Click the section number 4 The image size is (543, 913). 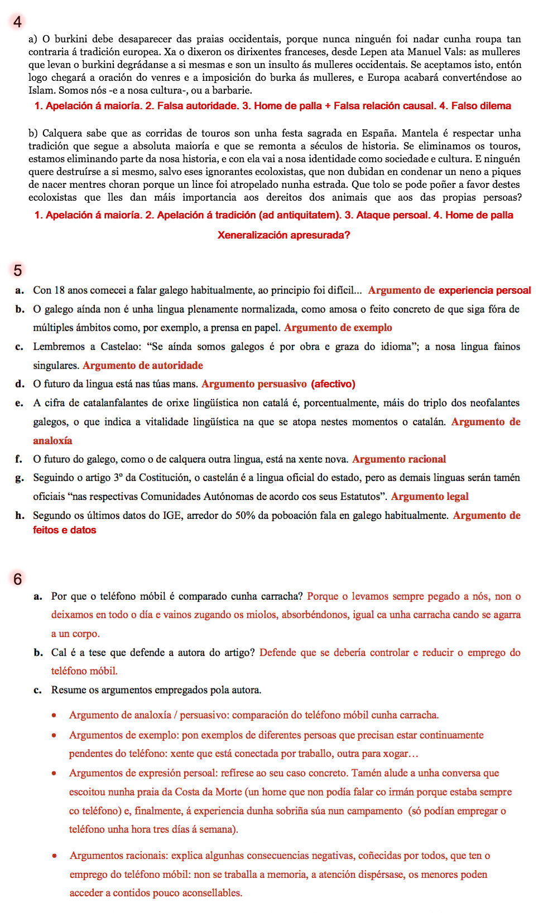[18, 22]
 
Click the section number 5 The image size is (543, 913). [18, 270]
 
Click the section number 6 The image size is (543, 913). [18, 579]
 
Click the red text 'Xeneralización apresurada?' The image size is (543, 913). [283, 235]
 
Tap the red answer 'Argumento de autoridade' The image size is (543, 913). [143, 366]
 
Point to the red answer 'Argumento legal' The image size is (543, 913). [429, 497]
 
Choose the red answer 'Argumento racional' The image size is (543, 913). [399, 459]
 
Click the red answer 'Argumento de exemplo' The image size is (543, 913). [338, 328]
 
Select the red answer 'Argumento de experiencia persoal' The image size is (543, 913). [449, 290]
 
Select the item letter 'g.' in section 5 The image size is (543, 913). [20, 478]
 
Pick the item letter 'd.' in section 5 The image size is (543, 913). [20, 384]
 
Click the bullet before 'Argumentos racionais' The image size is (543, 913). [54, 856]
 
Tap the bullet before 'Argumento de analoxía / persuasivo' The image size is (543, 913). [54, 715]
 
